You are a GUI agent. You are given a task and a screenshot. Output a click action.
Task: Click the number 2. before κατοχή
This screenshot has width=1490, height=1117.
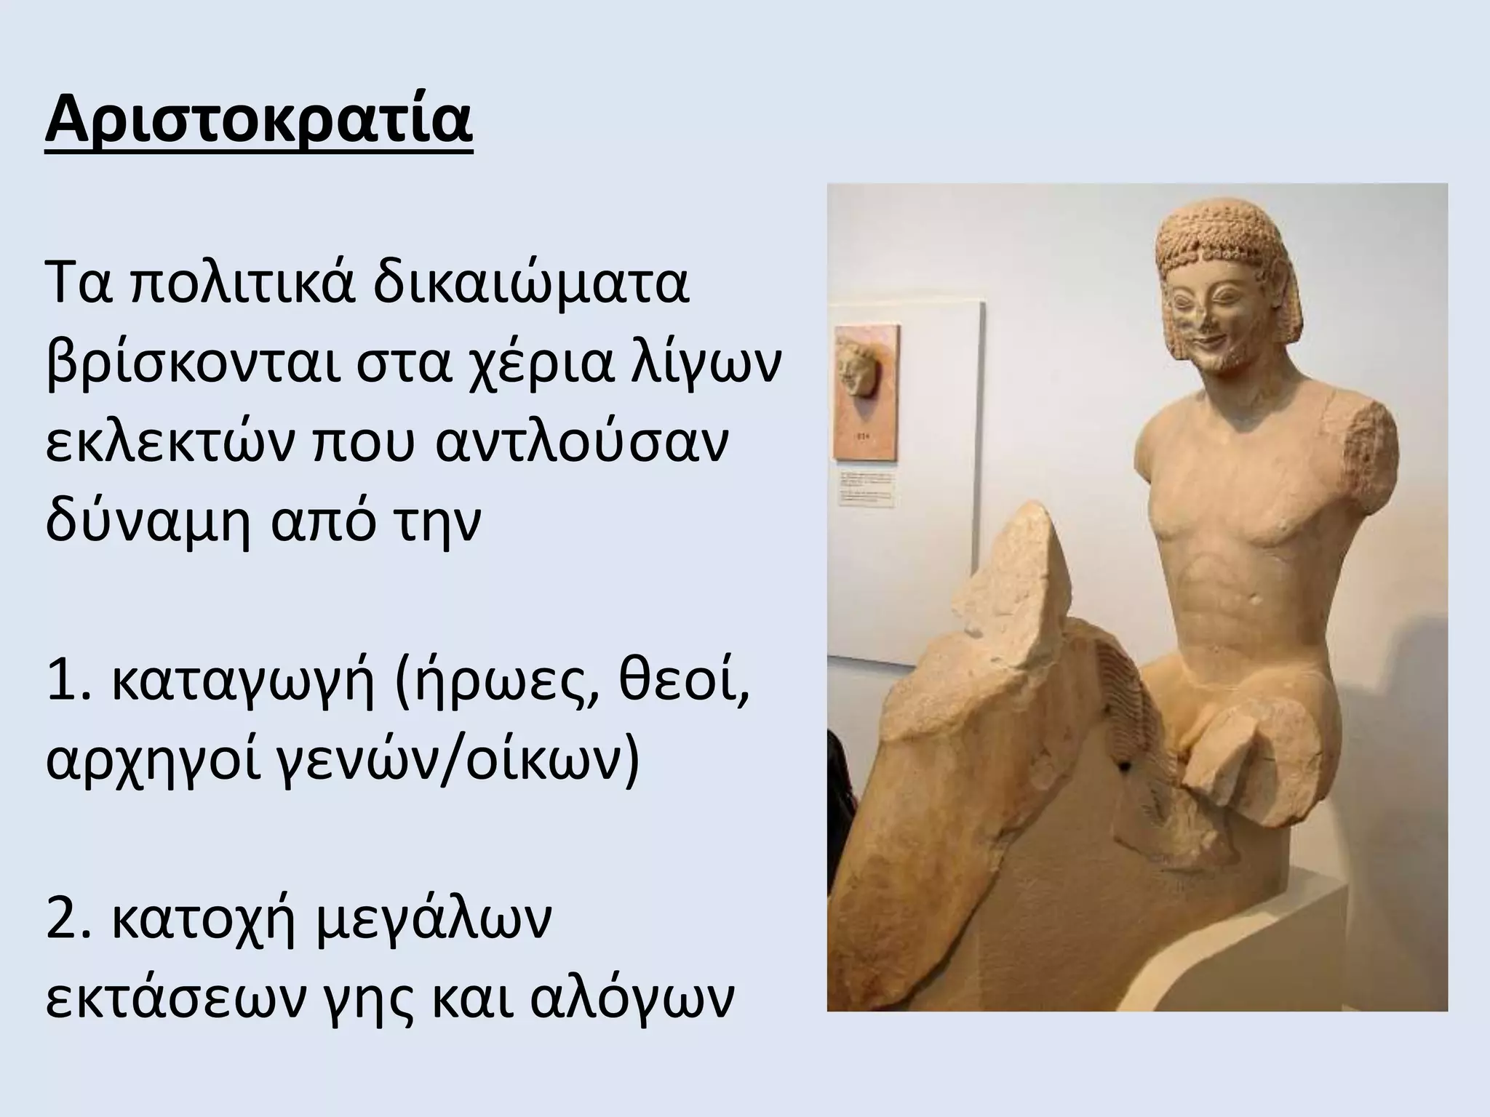click(x=70, y=919)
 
